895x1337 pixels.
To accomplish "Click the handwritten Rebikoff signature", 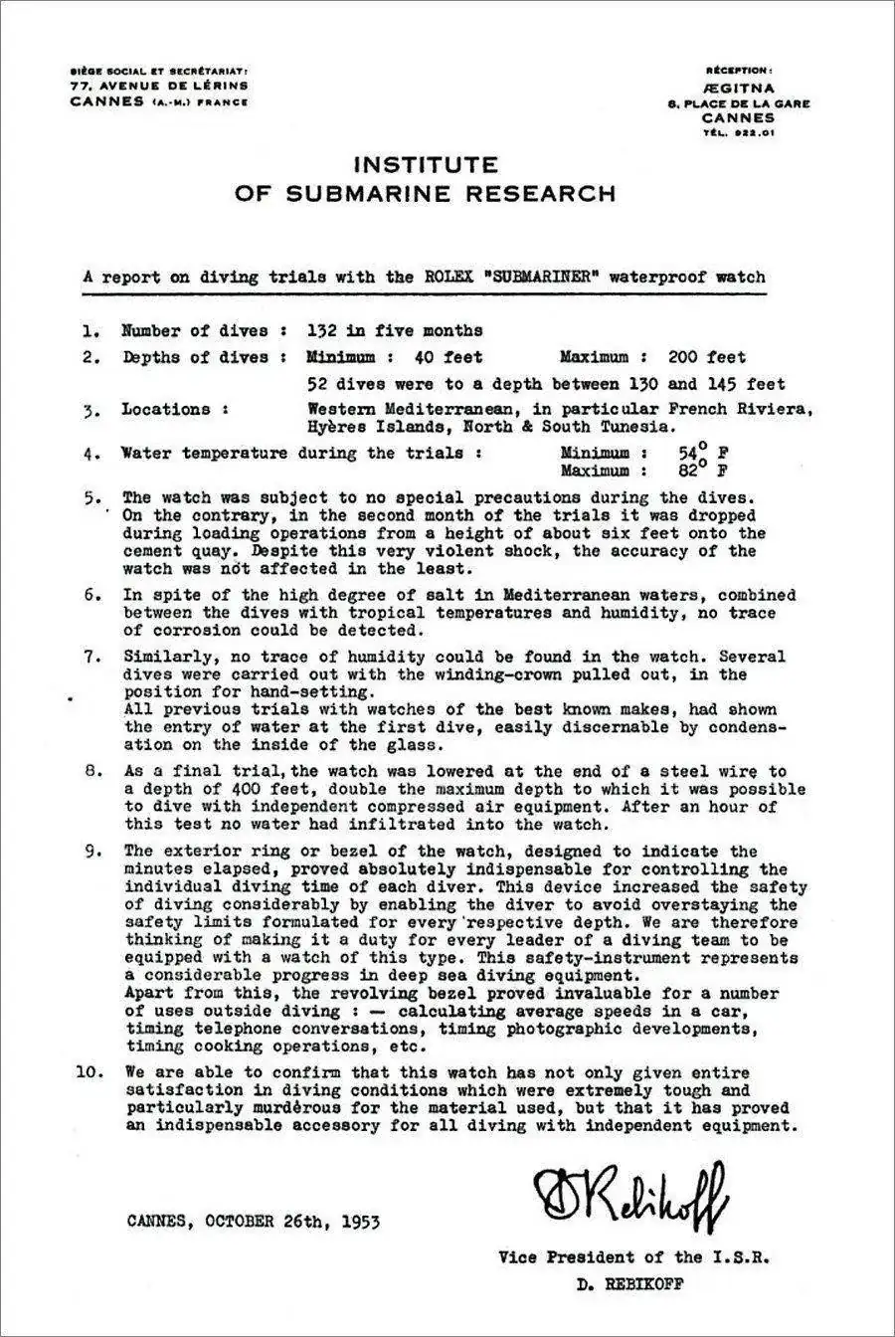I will coord(630,1191).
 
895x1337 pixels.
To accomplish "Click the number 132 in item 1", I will coord(324,331).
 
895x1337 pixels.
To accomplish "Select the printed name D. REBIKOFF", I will coord(630,1283).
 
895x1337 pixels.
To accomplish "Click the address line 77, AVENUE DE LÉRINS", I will coord(158,87).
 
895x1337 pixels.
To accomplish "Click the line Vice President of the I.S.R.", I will coord(633,1257).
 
